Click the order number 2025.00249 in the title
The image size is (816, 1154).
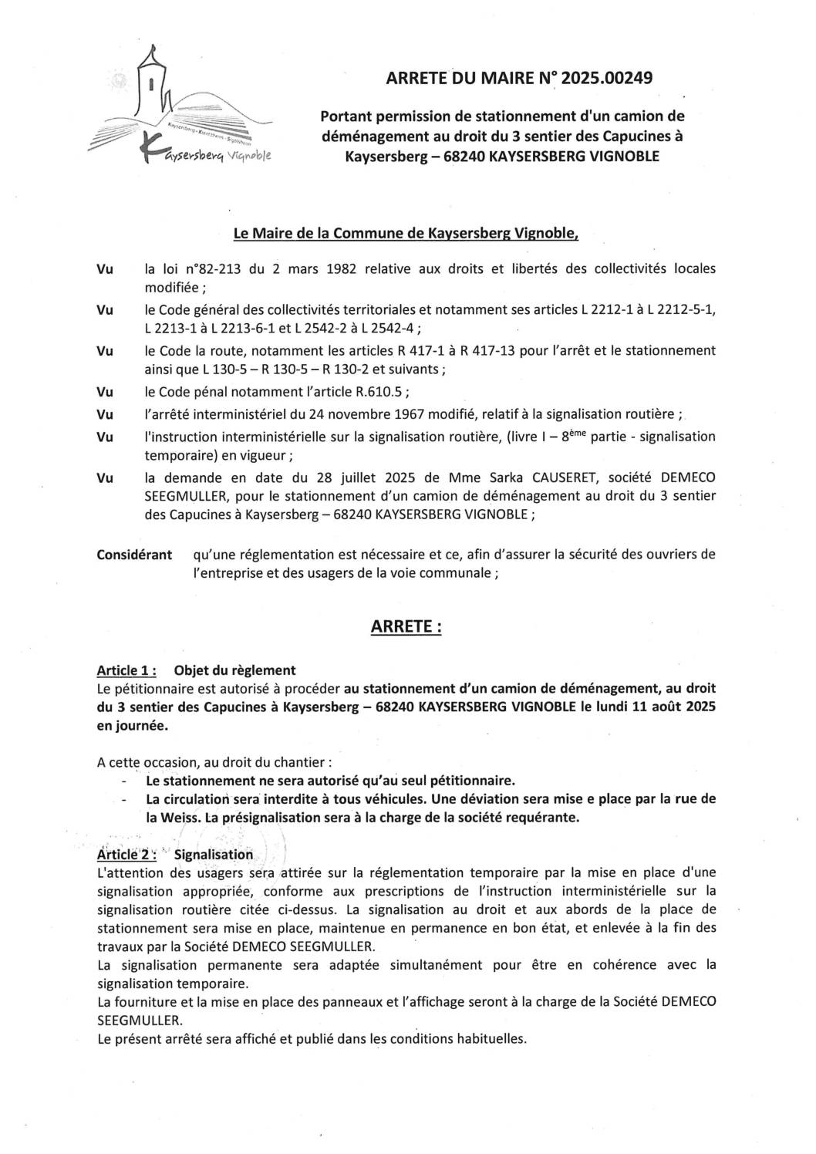(607, 77)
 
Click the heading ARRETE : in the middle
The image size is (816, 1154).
(406, 626)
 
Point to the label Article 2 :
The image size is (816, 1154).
(127, 855)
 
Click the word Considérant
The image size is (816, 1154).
(134, 555)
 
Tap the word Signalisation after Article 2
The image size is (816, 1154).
(214, 855)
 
